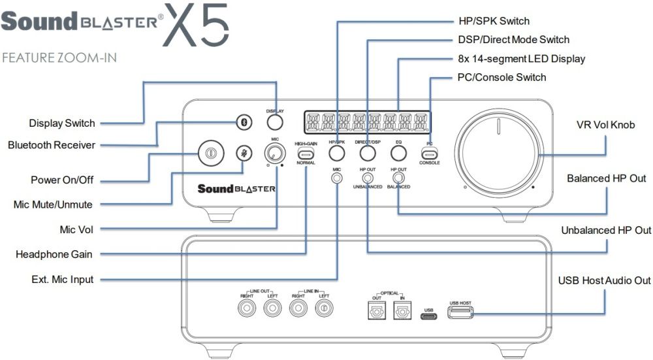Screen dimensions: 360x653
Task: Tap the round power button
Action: coord(210,154)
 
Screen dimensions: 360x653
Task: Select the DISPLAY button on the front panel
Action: coord(275,122)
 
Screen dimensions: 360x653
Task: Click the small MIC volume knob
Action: coord(274,154)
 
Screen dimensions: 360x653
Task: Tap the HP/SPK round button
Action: coord(337,154)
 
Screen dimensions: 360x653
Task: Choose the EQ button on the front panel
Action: coord(398,154)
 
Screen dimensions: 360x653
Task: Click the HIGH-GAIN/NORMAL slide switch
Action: coord(306,154)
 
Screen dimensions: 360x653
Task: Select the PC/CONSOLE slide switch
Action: coord(429,153)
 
